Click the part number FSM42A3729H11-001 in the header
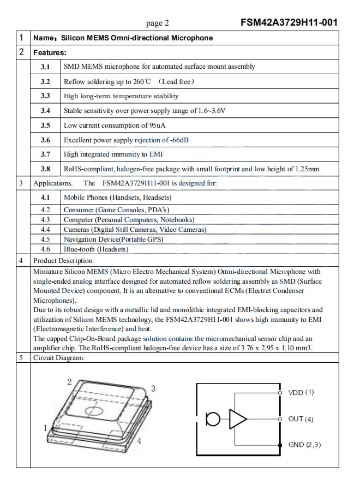[x=289, y=22]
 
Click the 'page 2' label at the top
[x=158, y=23]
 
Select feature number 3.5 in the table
[x=45, y=125]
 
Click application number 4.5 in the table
[x=45, y=239]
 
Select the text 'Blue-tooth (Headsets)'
[x=96, y=249]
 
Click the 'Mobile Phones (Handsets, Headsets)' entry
[x=117, y=197]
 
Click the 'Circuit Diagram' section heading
[x=58, y=358]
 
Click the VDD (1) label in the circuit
[x=301, y=392]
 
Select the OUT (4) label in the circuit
[x=301, y=419]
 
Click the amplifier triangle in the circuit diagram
[x=237, y=420]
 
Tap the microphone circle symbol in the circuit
[x=213, y=420]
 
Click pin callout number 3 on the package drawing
[x=154, y=388]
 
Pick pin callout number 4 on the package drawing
[x=140, y=441]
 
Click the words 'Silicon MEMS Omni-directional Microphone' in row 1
[x=137, y=38]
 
